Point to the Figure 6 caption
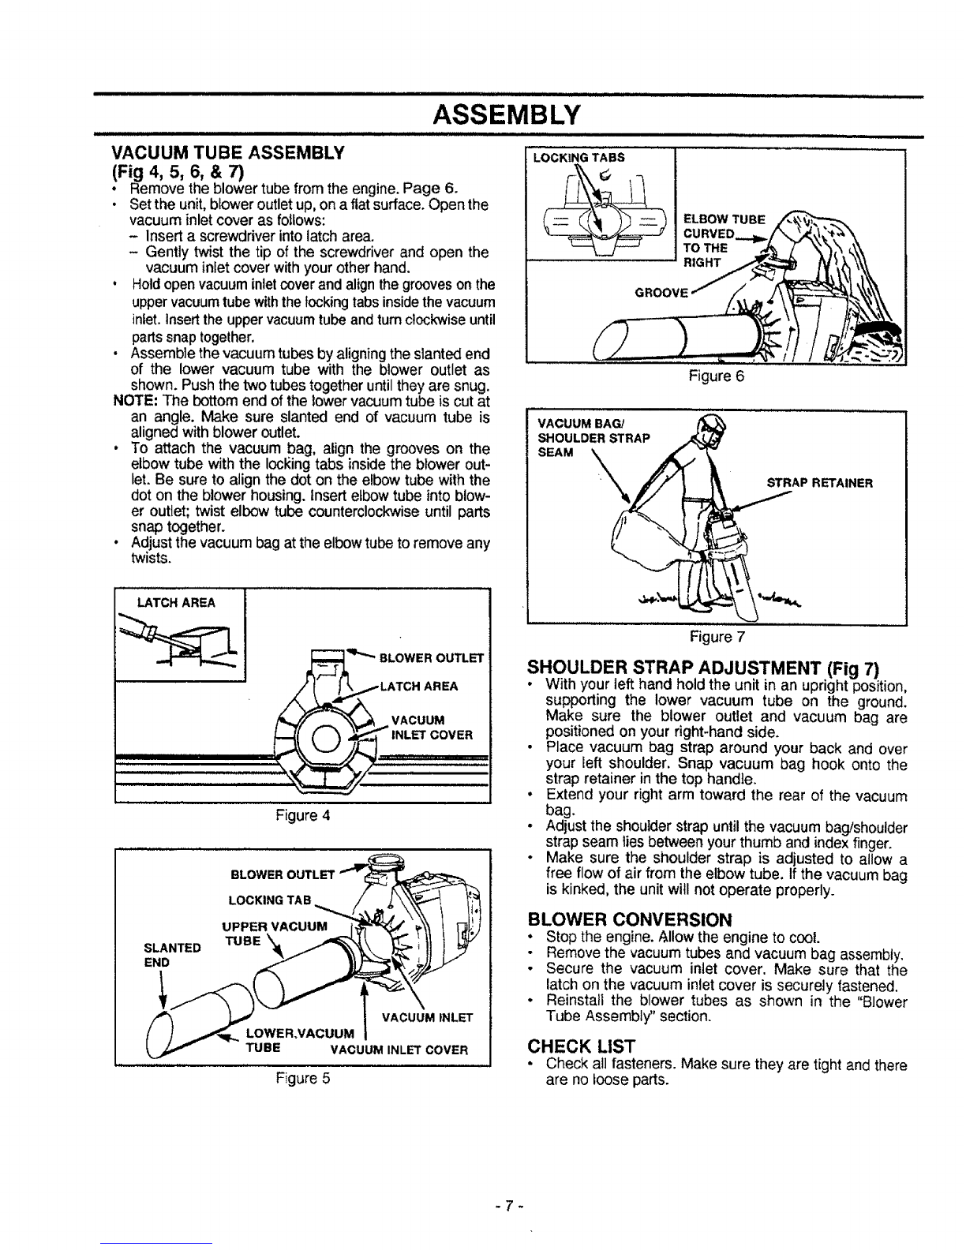coord(716,377)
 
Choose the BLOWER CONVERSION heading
coord(623,919)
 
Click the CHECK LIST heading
coord(582,1046)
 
